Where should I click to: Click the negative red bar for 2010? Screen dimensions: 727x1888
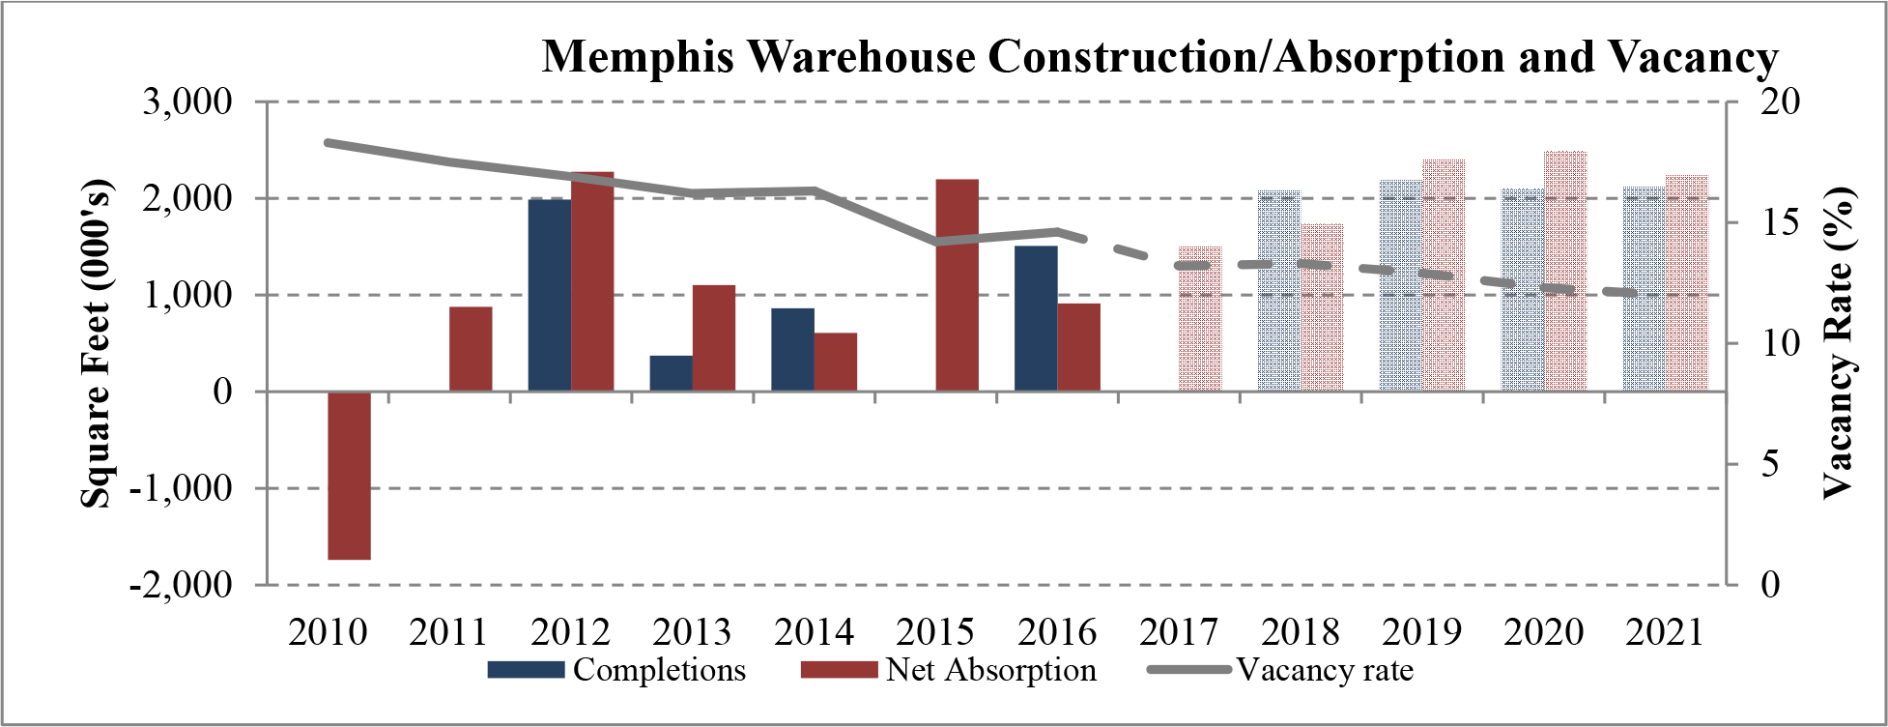(x=349, y=476)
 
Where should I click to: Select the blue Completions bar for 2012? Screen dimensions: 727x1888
(x=549, y=295)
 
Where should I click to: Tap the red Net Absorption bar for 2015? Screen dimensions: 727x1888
(x=958, y=285)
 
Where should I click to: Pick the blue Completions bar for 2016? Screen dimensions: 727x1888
(x=1036, y=318)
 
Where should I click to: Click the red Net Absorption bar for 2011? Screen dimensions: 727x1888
(x=471, y=349)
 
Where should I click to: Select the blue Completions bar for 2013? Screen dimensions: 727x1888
(x=671, y=373)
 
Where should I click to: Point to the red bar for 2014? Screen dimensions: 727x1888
(x=835, y=362)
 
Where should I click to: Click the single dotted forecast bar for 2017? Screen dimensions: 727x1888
(x=1200, y=318)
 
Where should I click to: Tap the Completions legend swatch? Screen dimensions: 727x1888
(x=525, y=670)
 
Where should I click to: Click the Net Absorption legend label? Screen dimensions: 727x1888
(x=990, y=670)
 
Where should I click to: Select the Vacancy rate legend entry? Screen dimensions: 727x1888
(x=1324, y=670)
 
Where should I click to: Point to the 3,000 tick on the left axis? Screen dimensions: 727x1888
(x=187, y=102)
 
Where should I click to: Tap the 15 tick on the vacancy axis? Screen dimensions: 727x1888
(x=1779, y=222)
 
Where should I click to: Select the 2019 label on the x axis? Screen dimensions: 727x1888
(x=1421, y=632)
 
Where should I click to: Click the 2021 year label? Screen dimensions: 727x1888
(x=1664, y=632)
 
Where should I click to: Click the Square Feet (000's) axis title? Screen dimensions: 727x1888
(x=96, y=343)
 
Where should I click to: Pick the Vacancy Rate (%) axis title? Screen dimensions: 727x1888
(x=1839, y=343)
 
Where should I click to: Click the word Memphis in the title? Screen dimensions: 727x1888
(x=639, y=56)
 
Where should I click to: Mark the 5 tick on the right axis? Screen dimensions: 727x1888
(x=1769, y=464)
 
